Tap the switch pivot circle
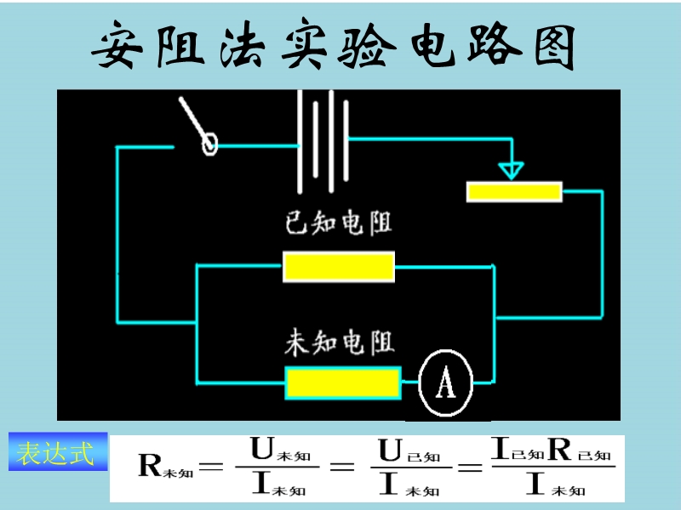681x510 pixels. pos(209,144)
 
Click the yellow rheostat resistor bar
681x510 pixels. pos(514,191)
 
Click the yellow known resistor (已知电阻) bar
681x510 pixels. pos(338,267)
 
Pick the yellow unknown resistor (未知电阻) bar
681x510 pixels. pos(342,383)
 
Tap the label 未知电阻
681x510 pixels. pos(339,343)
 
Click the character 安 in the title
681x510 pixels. pos(118,47)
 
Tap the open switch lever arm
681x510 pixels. pos(193,120)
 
